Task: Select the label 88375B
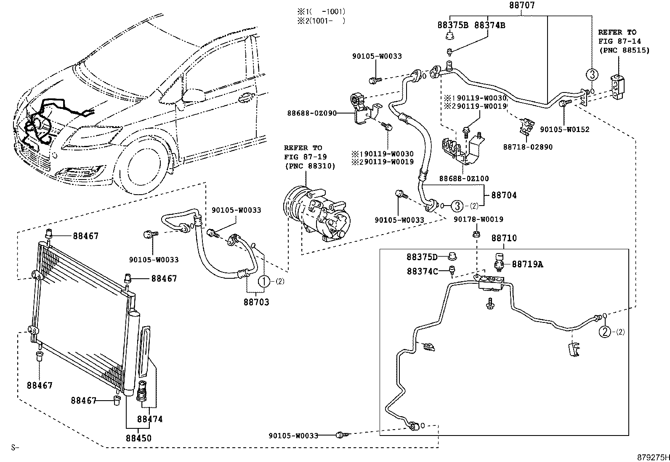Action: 453,25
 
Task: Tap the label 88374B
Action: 489,25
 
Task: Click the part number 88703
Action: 256,302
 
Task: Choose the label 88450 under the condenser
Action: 138,438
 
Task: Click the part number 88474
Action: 149,419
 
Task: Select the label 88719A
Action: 527,264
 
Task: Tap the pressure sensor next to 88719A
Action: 500,260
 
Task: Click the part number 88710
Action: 504,238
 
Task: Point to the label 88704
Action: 504,195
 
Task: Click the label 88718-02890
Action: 528,147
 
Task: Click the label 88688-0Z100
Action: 464,178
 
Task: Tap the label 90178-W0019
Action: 478,219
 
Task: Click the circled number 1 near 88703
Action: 263,281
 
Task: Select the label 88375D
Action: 422,257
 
